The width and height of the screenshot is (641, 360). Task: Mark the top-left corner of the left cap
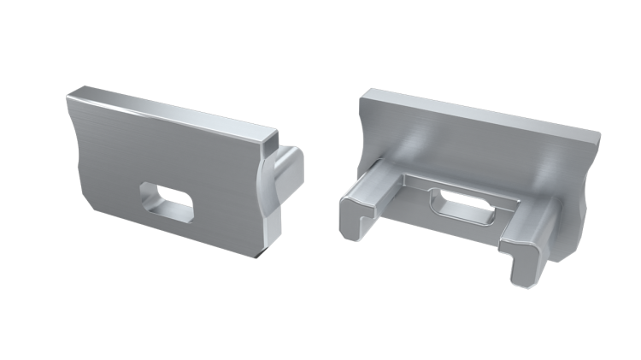pyautogui.click(x=69, y=96)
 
